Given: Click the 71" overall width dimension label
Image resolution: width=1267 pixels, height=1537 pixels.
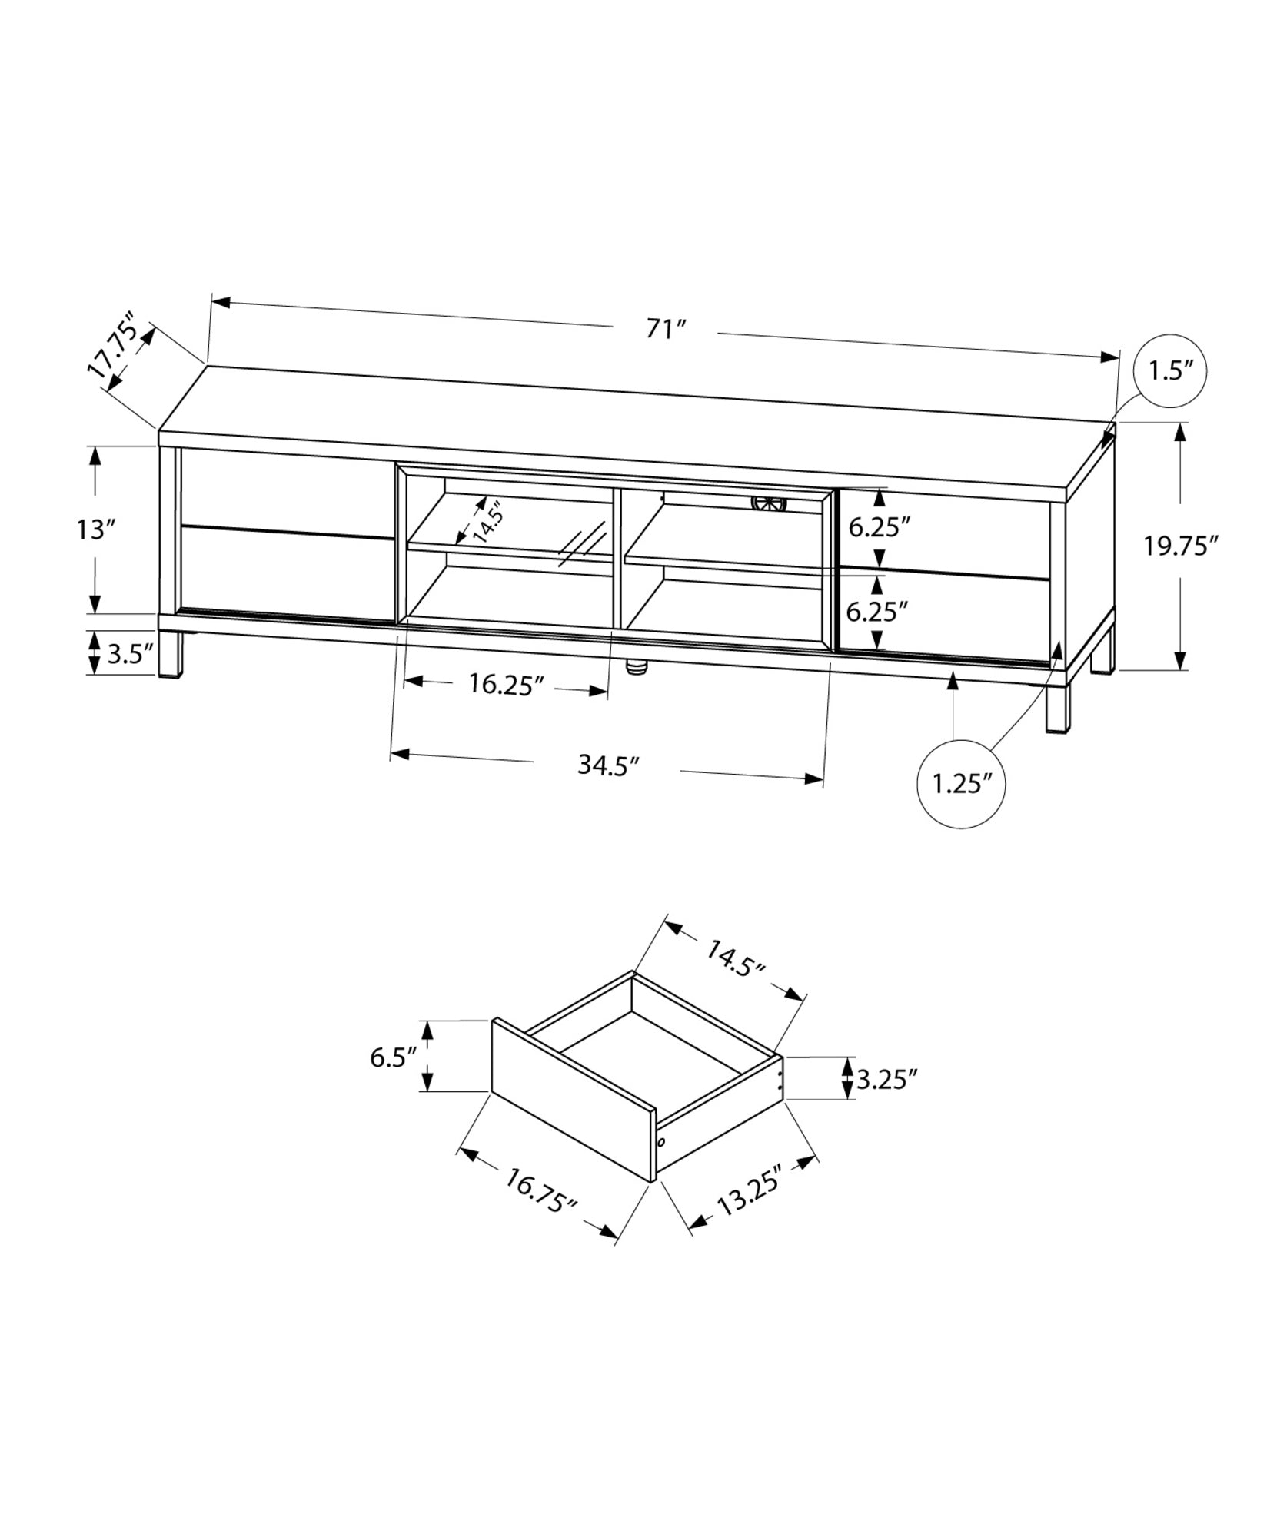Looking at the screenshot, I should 665,329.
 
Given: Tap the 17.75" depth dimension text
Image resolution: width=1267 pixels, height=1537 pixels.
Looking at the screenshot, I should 114,346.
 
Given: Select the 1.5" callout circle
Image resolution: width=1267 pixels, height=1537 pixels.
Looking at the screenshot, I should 1170,372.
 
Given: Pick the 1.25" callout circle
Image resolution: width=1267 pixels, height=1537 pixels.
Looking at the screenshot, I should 961,784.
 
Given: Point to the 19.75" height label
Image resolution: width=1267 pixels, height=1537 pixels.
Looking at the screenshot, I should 1181,546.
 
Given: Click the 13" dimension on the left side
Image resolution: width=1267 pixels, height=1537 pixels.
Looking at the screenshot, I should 96,529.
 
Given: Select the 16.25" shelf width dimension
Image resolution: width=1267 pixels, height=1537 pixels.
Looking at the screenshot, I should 506,685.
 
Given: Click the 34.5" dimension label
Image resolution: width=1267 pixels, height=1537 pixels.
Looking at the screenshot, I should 608,765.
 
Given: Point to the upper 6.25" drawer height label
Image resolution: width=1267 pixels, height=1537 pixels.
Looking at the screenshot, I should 880,527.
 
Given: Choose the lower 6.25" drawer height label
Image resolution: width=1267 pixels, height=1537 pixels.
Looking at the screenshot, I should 877,612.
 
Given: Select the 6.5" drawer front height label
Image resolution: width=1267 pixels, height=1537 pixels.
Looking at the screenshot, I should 393,1057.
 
